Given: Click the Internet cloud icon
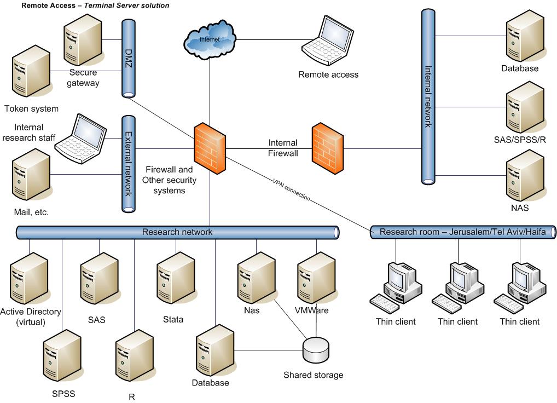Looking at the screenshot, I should pos(210,39).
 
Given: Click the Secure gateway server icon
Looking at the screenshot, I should pos(82,39).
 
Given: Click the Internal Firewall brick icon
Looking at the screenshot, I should pos(328,149).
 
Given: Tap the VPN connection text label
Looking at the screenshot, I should pos(292,189).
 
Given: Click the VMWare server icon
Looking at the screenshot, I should pos(316,278).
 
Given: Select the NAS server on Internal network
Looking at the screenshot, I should pos(524,176).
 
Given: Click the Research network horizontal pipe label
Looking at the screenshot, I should pos(177,232).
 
